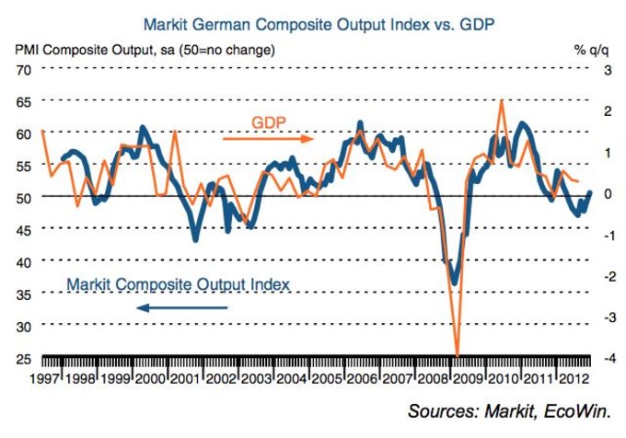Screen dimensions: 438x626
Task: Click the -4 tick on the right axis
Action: point(606,358)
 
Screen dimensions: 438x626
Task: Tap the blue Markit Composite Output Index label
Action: point(179,284)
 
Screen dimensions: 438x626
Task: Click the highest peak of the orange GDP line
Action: point(501,99)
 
